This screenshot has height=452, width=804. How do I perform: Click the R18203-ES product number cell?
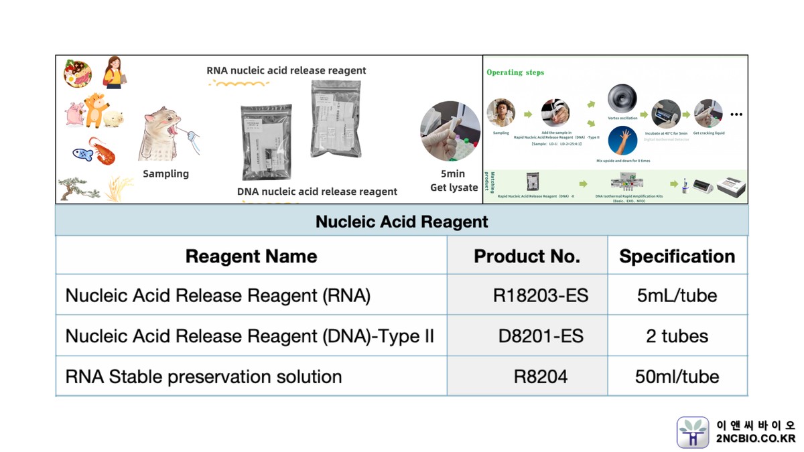(540, 295)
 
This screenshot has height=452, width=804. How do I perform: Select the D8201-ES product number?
(540, 336)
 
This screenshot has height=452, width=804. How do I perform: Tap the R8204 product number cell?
(540, 376)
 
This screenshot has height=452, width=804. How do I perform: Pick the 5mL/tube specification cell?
(677, 295)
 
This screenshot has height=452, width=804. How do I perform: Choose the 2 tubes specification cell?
(677, 336)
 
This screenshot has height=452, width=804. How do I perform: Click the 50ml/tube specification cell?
(677, 376)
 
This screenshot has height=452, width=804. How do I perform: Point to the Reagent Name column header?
(251, 256)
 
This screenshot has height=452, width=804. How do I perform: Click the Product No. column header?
(527, 256)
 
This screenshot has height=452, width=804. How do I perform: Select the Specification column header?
(677, 256)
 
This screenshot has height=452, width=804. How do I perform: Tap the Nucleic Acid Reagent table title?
(402, 222)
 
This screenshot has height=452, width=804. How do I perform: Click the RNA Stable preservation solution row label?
(204, 376)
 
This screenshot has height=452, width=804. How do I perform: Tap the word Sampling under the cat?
(165, 173)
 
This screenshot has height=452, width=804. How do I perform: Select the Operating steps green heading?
(515, 72)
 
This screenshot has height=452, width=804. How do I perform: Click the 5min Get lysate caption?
(454, 181)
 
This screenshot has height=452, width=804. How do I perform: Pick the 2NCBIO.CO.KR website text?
(756, 439)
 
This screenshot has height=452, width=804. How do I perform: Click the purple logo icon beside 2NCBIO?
(693, 432)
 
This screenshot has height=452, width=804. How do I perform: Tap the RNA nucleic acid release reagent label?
(286, 70)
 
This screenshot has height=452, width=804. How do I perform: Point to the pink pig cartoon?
(73, 114)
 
